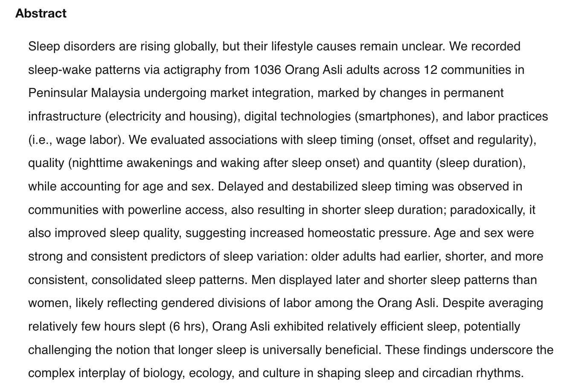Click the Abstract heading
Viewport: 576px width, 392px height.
41,14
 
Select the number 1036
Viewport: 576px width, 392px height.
267,70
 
